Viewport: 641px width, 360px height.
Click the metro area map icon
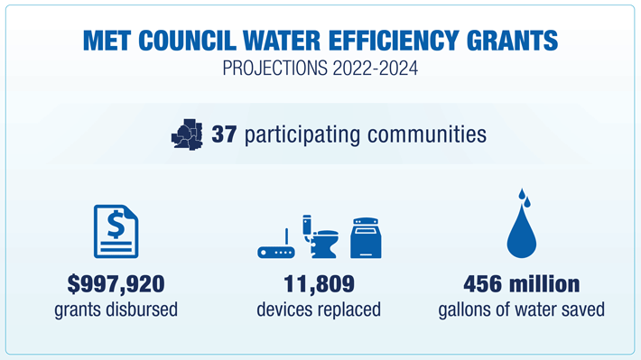click(x=187, y=135)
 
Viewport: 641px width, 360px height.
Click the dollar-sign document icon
click(x=116, y=232)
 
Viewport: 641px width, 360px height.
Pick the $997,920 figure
click(x=116, y=284)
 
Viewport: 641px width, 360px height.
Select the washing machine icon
click(x=366, y=238)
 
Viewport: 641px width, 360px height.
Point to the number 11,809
click(x=319, y=284)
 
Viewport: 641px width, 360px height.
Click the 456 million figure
click(x=521, y=284)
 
